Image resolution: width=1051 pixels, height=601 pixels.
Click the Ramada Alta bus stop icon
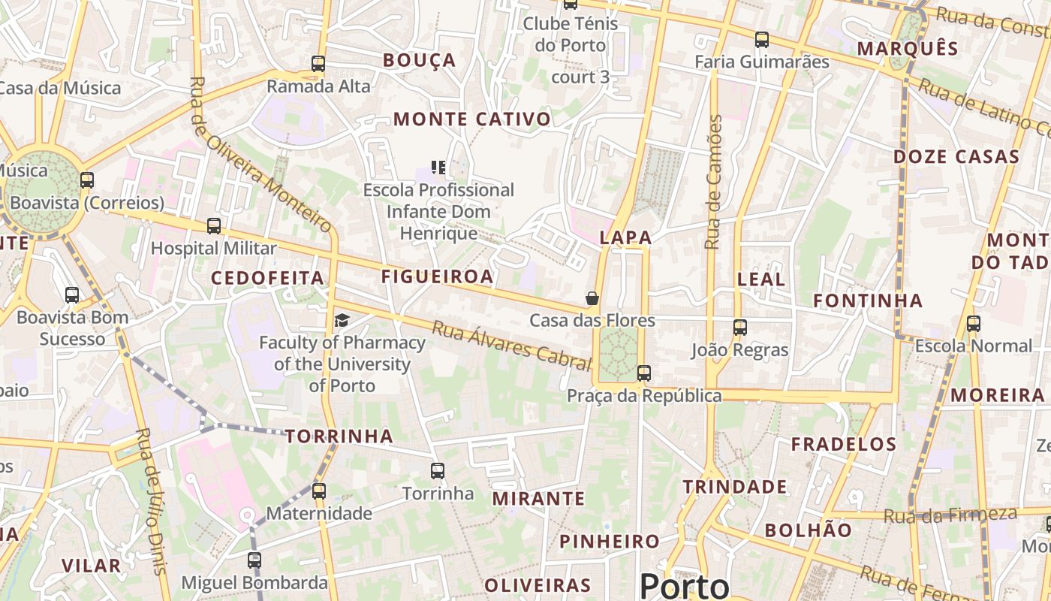tap(318, 64)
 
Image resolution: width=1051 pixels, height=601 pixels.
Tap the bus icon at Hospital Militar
tap(214, 225)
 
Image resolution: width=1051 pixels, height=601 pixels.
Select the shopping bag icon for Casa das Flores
tap(592, 298)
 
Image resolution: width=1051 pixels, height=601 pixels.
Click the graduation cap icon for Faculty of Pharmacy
tap(342, 321)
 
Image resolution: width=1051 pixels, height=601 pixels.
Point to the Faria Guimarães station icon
tap(762, 40)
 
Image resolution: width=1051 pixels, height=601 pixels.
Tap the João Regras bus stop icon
tap(740, 328)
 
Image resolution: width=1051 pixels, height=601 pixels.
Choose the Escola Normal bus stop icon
tap(974, 324)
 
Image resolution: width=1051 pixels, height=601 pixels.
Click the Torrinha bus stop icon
tap(438, 471)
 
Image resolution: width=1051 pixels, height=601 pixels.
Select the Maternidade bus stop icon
tap(319, 491)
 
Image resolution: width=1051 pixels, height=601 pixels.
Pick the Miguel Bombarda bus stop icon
tap(254, 560)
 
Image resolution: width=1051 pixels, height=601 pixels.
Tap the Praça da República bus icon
tap(643, 373)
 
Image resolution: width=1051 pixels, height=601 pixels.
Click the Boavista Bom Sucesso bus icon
tap(72, 295)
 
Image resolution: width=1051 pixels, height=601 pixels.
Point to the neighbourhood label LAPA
tap(625, 238)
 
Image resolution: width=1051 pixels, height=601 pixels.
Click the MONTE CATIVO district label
tap(472, 119)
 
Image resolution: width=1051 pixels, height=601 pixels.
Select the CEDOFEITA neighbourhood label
tap(267, 279)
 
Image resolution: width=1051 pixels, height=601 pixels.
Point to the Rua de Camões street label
tap(713, 182)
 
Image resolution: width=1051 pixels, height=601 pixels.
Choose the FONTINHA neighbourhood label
tap(869, 300)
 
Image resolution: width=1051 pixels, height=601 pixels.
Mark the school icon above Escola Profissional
tap(438, 167)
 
